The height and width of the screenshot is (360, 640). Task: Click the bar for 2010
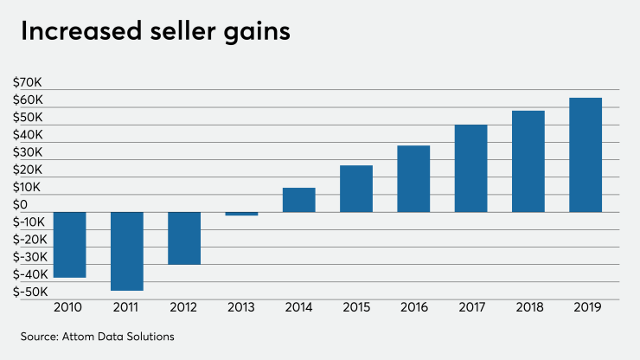click(69, 245)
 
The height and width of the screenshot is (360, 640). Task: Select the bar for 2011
click(126, 251)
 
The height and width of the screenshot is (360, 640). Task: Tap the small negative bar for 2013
click(241, 214)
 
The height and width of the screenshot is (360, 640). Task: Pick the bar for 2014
click(298, 200)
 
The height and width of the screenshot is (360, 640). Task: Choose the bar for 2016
click(413, 179)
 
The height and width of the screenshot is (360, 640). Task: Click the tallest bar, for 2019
click(586, 155)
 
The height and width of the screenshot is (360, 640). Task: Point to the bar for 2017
click(470, 169)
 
